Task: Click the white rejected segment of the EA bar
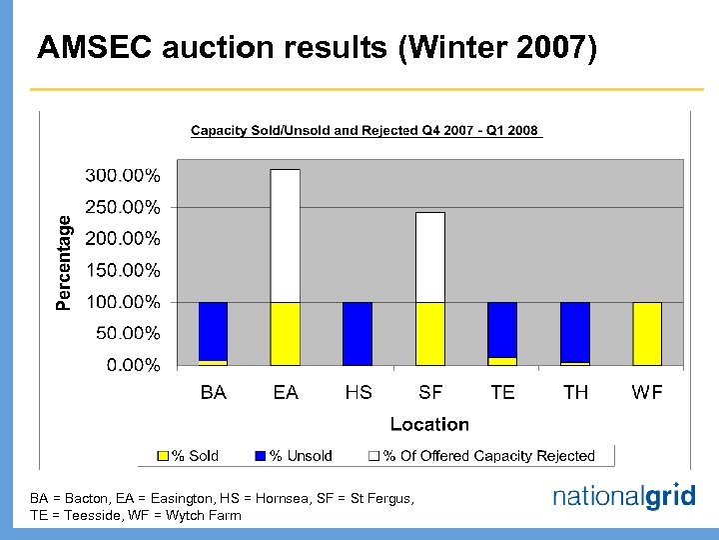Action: tap(286, 235)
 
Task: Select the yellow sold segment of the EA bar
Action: tap(286, 333)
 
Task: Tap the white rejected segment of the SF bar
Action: tap(430, 257)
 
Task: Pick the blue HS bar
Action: tap(358, 333)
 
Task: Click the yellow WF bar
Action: tap(647, 333)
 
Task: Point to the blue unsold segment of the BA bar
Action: tap(213, 331)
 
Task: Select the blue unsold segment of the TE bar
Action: tap(502, 329)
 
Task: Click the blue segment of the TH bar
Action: tap(574, 331)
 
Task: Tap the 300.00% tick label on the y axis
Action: tap(122, 176)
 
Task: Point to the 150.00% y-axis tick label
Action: tap(122, 270)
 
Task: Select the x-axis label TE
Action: tap(502, 392)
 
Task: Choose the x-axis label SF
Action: tap(430, 392)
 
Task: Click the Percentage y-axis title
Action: tap(65, 262)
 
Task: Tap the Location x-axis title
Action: tap(429, 424)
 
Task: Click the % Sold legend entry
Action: tap(190, 456)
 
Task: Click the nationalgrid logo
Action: tap(623, 497)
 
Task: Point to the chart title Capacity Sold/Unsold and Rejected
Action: tap(364, 131)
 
